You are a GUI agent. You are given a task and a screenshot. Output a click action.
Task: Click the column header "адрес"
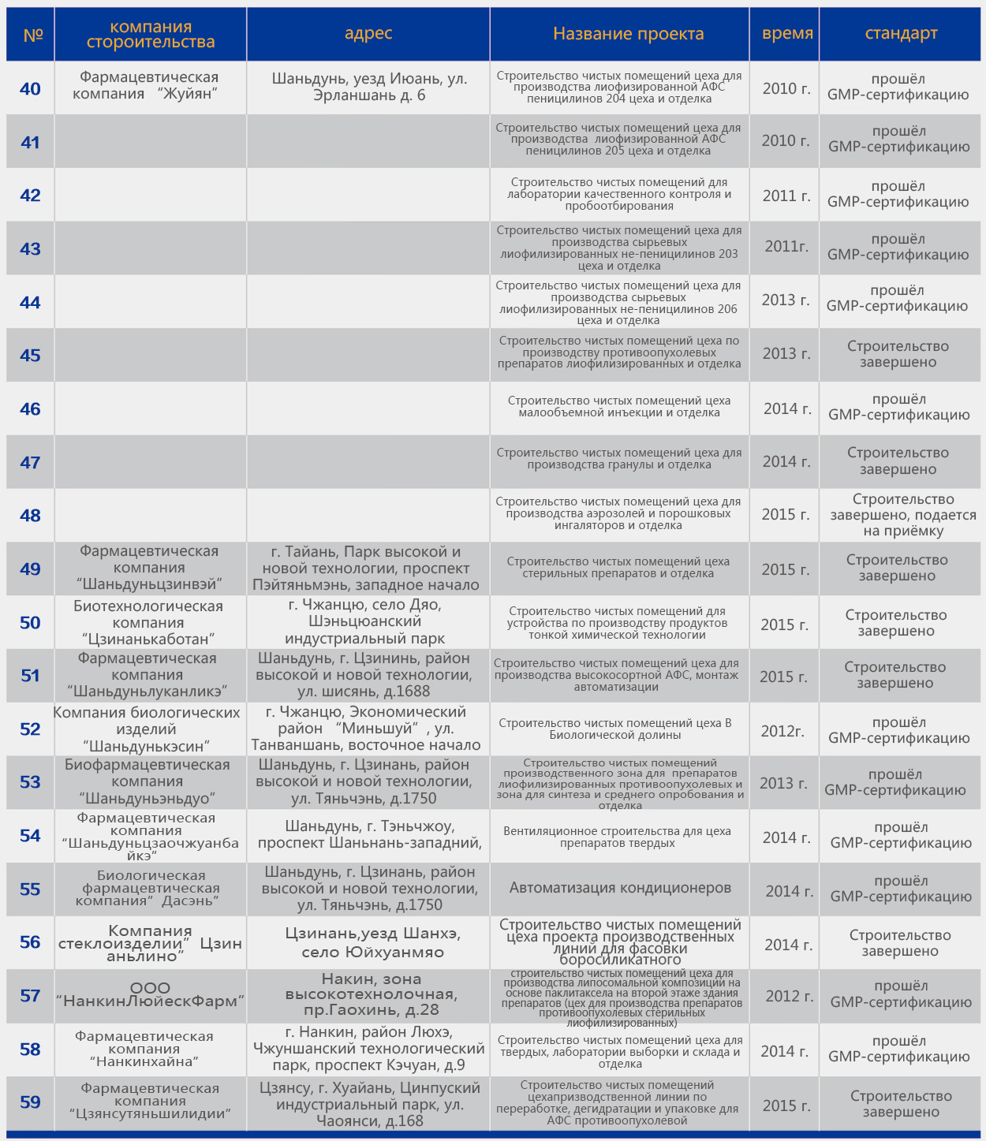click(x=368, y=34)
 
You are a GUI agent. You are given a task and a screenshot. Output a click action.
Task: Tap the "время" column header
click(x=787, y=34)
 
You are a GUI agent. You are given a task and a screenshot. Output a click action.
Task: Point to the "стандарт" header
click(x=901, y=34)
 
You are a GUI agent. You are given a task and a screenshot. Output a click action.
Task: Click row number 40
click(x=30, y=88)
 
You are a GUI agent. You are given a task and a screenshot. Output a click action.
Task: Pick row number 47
click(x=30, y=462)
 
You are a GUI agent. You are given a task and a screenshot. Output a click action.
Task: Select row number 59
click(x=30, y=1102)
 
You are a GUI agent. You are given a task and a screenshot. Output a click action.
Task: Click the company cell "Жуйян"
click(x=149, y=85)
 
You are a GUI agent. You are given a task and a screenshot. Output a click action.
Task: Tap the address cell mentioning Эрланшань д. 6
click(x=369, y=87)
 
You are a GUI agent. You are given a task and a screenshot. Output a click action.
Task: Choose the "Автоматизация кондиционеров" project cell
click(x=620, y=888)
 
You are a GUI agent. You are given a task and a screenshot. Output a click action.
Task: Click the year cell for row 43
click(x=786, y=247)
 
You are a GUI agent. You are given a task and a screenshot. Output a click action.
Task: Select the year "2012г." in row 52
click(x=782, y=731)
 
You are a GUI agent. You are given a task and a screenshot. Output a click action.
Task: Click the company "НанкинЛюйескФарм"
click(x=150, y=995)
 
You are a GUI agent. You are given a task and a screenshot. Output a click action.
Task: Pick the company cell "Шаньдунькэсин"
click(x=147, y=729)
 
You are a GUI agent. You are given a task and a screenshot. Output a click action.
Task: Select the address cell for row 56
click(x=372, y=942)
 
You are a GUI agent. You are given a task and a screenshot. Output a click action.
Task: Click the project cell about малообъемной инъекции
click(x=619, y=406)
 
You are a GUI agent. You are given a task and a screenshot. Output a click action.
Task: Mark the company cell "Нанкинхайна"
click(x=144, y=1049)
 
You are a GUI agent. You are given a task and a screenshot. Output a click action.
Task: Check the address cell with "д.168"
click(x=369, y=1104)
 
